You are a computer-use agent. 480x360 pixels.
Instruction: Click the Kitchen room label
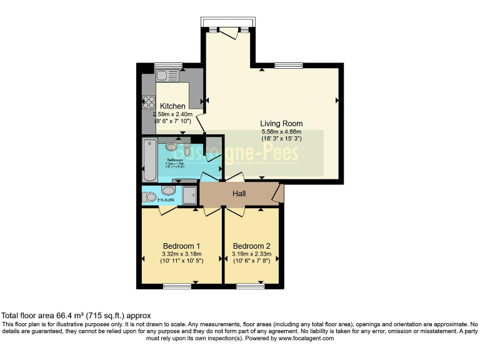[172, 106]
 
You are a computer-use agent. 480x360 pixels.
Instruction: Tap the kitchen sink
[167, 76]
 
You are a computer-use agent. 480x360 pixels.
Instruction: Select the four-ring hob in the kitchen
[148, 102]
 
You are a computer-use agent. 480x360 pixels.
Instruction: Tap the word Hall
[239, 194]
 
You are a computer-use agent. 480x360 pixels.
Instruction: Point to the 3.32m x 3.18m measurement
[181, 254]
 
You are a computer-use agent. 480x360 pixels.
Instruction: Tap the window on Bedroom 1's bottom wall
[176, 286]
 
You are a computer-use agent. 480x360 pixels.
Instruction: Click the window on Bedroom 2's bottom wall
[250, 286]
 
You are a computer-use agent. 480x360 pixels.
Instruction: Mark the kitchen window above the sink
[168, 65]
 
